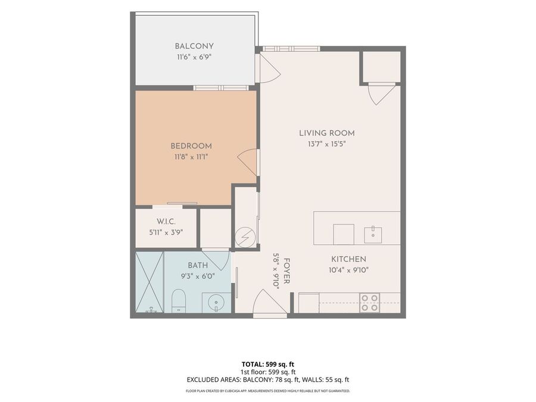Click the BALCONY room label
(194, 46)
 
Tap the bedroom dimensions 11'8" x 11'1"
(191, 157)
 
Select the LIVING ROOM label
(327, 133)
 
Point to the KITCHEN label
(348, 259)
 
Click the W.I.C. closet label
(166, 222)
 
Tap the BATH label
(198, 265)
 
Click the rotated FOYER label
(286, 271)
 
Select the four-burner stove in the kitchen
(369, 303)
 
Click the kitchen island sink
(373, 234)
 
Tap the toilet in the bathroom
(178, 301)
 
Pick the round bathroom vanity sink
(216, 303)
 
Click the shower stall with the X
(149, 282)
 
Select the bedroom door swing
(247, 163)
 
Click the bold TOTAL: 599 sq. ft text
(268, 364)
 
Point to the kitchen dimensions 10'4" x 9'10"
(348, 270)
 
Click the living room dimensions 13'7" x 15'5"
(327, 144)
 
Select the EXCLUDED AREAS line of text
(268, 379)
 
